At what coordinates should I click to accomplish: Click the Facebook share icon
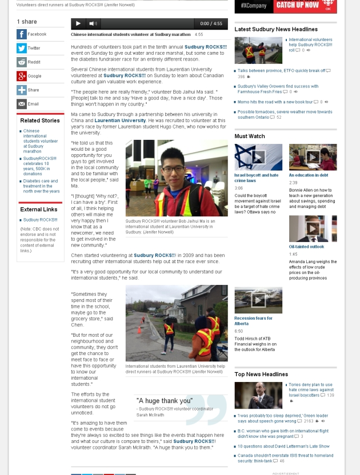[22, 34]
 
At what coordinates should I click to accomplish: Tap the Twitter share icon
[22, 48]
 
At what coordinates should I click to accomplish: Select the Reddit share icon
[22, 62]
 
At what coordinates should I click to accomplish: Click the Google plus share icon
[22, 76]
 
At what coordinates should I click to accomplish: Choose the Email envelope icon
[22, 104]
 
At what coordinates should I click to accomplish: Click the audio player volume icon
[92, 23]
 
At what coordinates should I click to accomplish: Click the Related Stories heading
[40, 120]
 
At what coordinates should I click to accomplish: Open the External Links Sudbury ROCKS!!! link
[40, 220]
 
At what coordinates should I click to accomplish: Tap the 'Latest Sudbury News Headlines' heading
[276, 29]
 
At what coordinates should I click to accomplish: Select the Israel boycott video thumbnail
[258, 157]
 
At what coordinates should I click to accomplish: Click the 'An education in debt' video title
[308, 175]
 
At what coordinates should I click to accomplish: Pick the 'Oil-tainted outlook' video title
[306, 247]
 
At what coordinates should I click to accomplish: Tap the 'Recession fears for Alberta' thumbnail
[258, 300]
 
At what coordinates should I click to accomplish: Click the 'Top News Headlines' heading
[261, 374]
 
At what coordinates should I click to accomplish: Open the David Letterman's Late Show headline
[283, 446]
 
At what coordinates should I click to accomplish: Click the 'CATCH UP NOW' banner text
[297, 5]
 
